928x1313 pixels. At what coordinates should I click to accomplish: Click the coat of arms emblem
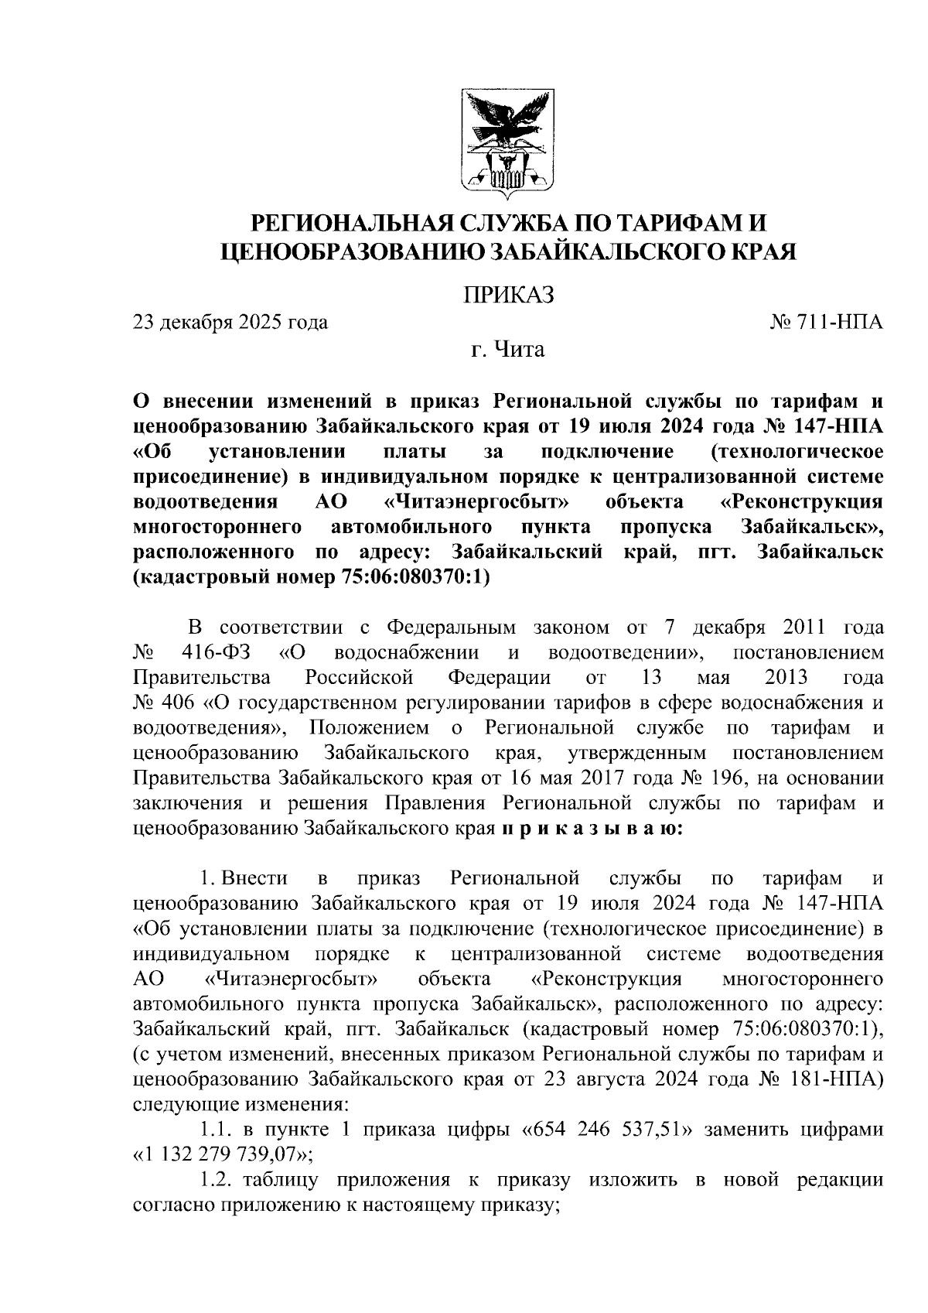(x=508, y=142)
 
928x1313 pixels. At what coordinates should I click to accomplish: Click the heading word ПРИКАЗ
(x=508, y=296)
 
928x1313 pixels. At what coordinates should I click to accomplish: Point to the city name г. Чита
(x=508, y=350)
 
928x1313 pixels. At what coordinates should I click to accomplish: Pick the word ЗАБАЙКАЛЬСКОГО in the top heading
(x=593, y=251)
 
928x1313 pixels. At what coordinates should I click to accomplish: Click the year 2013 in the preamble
(x=786, y=678)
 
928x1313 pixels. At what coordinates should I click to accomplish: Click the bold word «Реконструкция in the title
(x=800, y=502)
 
